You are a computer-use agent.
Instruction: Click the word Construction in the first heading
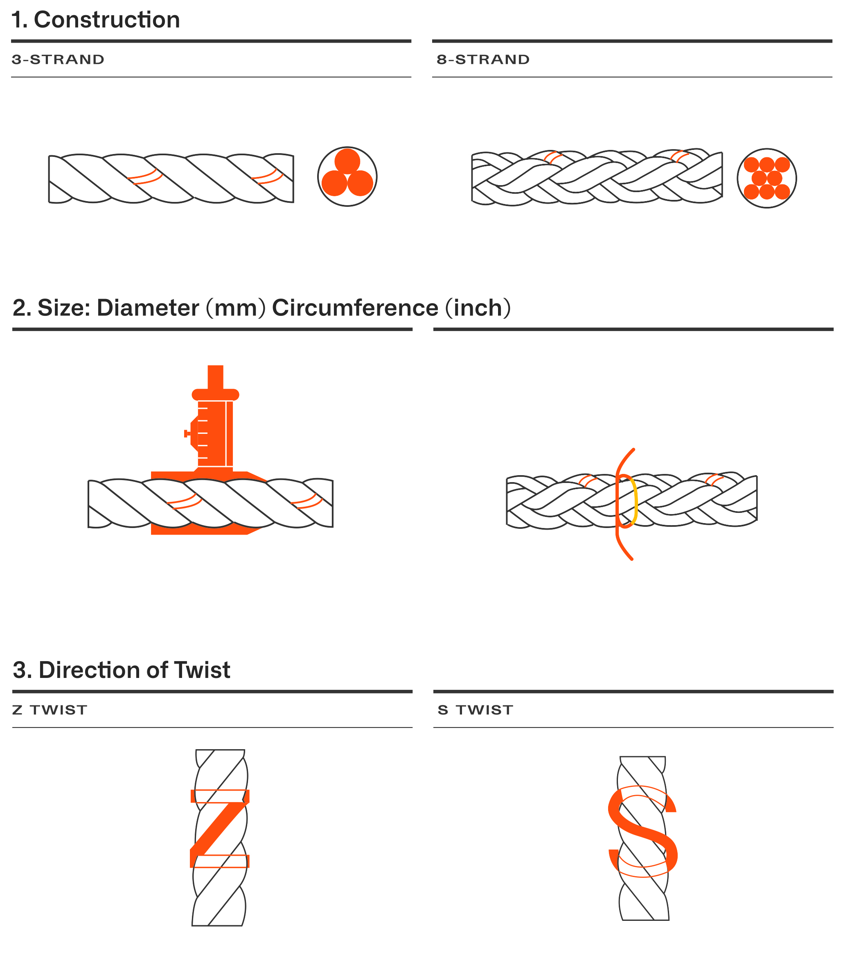(x=107, y=20)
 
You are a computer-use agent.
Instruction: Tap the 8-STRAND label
(x=483, y=60)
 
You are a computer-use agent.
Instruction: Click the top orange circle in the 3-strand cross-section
(x=347, y=161)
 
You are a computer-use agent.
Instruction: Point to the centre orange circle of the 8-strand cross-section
(x=767, y=179)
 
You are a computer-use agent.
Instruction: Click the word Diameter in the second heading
(x=148, y=308)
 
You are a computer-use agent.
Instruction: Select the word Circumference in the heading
(x=355, y=308)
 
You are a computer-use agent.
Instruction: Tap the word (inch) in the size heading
(x=478, y=308)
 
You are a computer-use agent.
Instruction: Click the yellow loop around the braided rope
(x=635, y=502)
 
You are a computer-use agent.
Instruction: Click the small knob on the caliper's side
(x=187, y=434)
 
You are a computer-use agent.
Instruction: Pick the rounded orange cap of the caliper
(x=215, y=394)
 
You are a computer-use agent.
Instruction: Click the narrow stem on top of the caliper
(x=215, y=377)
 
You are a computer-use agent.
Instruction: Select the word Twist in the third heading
(x=202, y=671)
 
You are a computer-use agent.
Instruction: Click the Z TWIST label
(x=50, y=710)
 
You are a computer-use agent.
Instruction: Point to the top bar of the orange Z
(x=220, y=796)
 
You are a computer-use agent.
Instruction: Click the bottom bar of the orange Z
(x=220, y=861)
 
